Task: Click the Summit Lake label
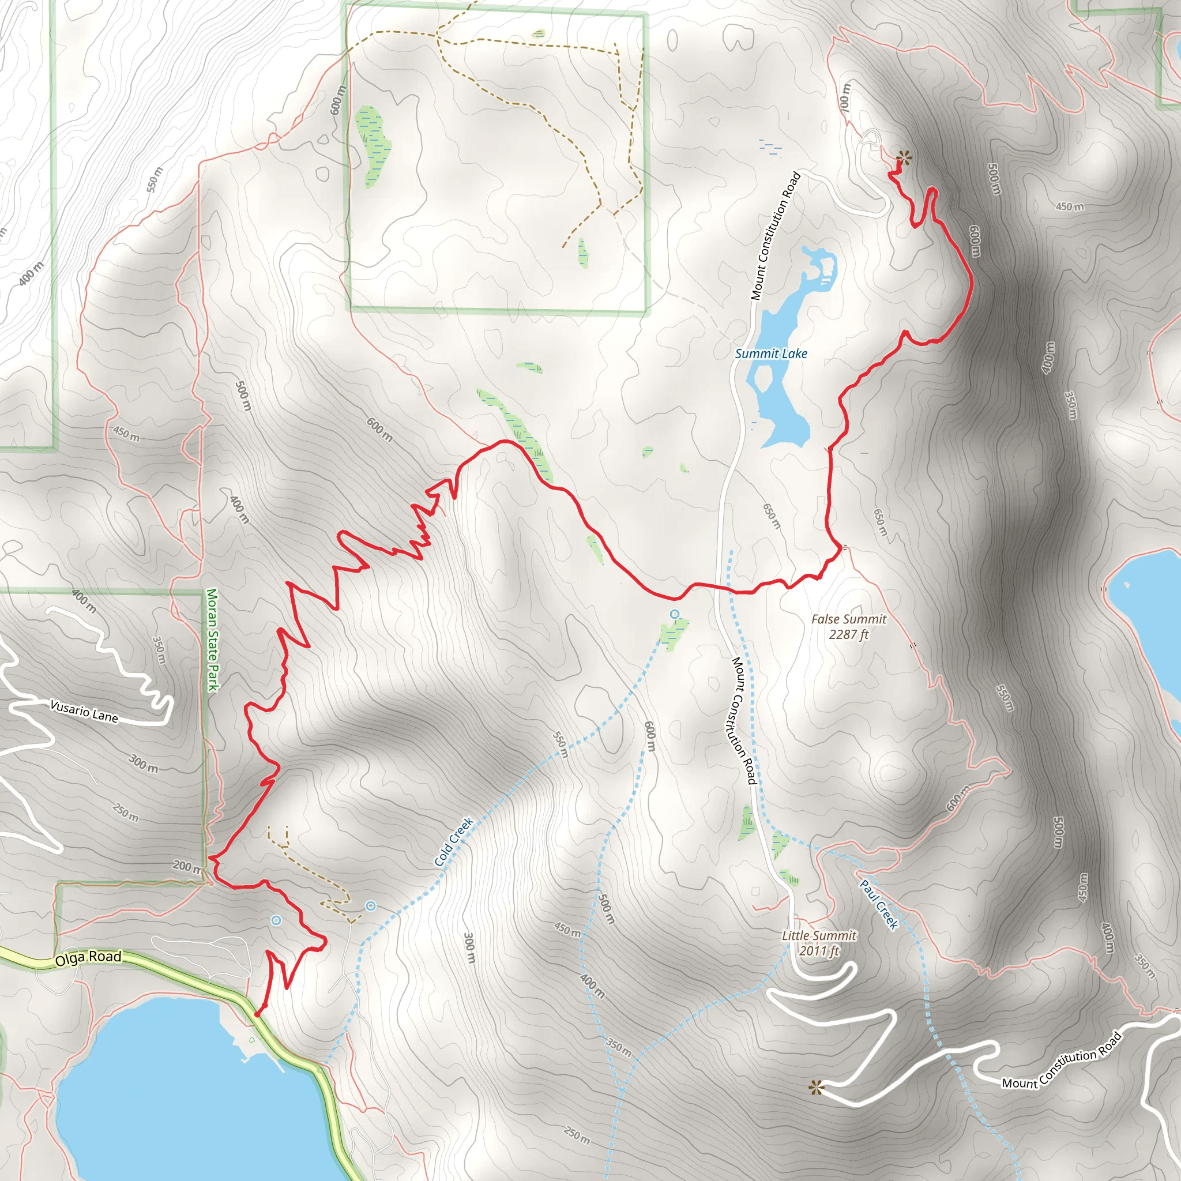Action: pyautogui.click(x=770, y=353)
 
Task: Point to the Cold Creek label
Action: pyautogui.click(x=454, y=842)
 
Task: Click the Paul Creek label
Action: pyautogui.click(x=879, y=904)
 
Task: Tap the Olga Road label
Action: pyautogui.click(x=88, y=957)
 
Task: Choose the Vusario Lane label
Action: pyautogui.click(x=84, y=712)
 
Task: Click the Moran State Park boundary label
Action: pyautogui.click(x=212, y=639)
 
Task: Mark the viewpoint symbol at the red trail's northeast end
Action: pyautogui.click(x=902, y=160)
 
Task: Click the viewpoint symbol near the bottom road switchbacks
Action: pyautogui.click(x=816, y=1088)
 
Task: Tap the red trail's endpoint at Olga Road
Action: pyautogui.click(x=257, y=1014)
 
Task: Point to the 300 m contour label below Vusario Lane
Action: pyautogui.click(x=143, y=763)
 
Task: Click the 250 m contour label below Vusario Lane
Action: pyautogui.click(x=125, y=813)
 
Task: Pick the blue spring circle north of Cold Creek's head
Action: pyautogui.click(x=674, y=614)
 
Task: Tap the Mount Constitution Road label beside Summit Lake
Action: pyautogui.click(x=775, y=236)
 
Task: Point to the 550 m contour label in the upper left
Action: pyautogui.click(x=155, y=179)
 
